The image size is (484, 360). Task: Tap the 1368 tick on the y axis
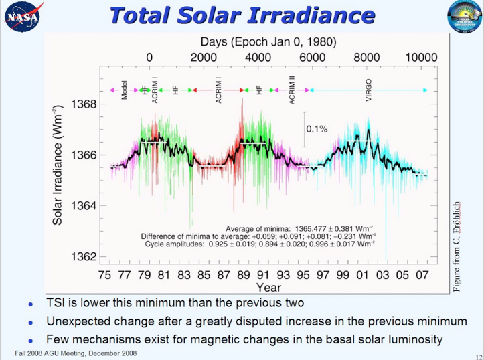[x=84, y=104]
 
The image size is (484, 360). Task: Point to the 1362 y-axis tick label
[x=84, y=257]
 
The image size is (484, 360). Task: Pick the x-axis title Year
[x=268, y=287]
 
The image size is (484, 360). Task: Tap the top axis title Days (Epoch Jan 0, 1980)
[x=268, y=42]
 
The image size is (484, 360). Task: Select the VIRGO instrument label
[x=369, y=90]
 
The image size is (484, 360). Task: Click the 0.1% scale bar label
[x=317, y=128]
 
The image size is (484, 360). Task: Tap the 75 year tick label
[x=104, y=274]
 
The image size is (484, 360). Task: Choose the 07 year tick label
[x=423, y=274]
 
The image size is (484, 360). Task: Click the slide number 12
[x=477, y=355]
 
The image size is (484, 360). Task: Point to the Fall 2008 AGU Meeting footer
[x=76, y=353]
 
